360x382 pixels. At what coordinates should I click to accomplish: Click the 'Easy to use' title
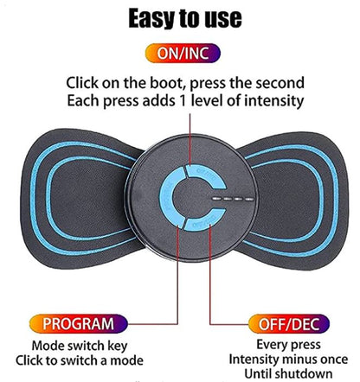[x=184, y=18]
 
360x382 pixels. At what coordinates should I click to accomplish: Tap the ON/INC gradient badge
[x=183, y=53]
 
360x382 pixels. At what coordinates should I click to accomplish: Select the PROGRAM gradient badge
[x=79, y=324]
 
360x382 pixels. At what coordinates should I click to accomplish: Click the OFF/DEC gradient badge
[x=289, y=324]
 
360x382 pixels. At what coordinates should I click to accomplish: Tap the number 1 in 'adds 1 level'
[x=182, y=101]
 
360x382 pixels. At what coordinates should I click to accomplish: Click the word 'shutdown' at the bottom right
[x=304, y=373]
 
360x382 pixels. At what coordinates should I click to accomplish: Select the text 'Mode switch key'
[x=80, y=346]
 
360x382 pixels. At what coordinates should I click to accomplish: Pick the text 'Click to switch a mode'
[x=80, y=360]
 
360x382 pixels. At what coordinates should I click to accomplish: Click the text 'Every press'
[x=288, y=345]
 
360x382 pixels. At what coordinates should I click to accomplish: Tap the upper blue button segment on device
[x=205, y=175]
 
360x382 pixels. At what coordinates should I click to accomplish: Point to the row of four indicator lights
[x=233, y=199]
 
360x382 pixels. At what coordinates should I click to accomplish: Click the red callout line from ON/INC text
[x=190, y=139]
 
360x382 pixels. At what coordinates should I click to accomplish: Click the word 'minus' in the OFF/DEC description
[x=297, y=360]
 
